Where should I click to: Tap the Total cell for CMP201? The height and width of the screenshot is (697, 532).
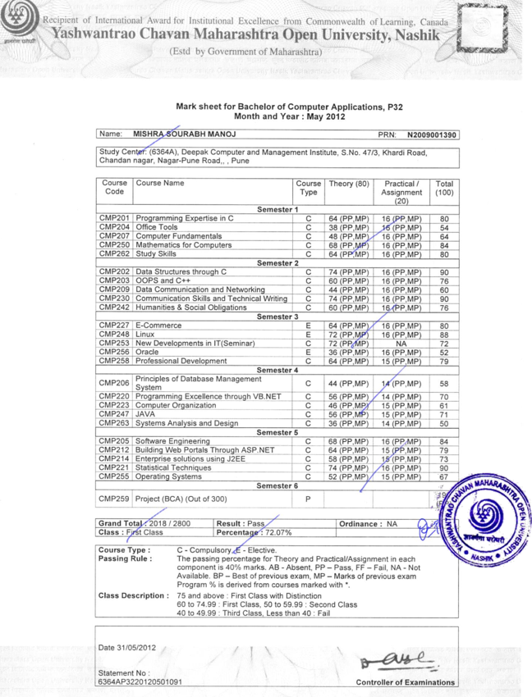coord(444,219)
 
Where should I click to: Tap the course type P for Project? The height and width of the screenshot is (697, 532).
coord(308,498)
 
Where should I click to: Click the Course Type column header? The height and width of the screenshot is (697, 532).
coord(308,189)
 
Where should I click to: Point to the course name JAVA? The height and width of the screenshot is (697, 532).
coord(145,415)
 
